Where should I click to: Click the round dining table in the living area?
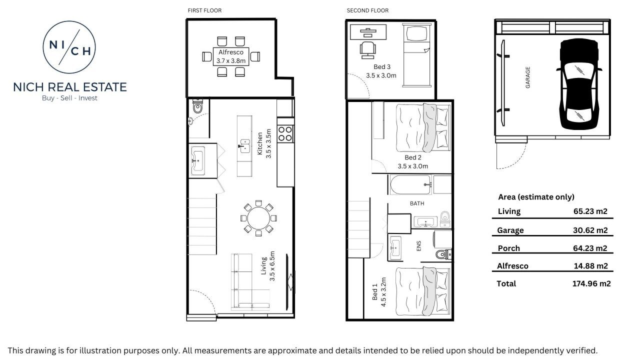(257, 218)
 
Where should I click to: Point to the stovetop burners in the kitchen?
(285, 133)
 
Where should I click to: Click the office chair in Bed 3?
(368, 48)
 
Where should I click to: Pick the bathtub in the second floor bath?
(409, 185)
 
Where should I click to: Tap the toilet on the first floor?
(197, 106)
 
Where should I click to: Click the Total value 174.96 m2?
(591, 283)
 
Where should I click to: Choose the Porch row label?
(508, 248)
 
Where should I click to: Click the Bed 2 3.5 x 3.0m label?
(413, 162)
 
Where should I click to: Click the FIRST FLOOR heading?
(204, 10)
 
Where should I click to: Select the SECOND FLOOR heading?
(367, 10)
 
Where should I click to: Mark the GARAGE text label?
(527, 77)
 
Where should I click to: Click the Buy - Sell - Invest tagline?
(70, 98)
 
